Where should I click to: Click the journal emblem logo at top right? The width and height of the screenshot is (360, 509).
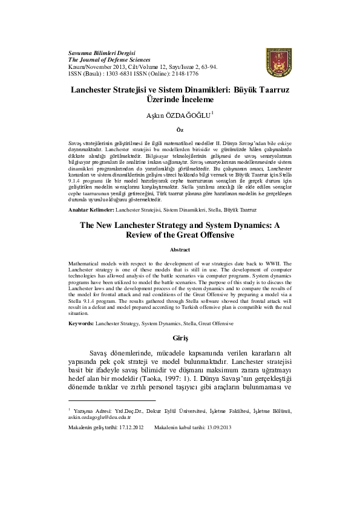pyautogui.click(x=278, y=63)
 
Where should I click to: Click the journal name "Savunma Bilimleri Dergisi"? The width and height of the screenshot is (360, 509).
pyautogui.click(x=101, y=53)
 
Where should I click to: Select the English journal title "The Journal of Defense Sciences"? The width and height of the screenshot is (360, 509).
pyautogui.click(x=107, y=60)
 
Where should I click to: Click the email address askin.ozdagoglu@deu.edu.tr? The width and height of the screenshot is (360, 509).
pyautogui.click(x=99, y=417)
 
